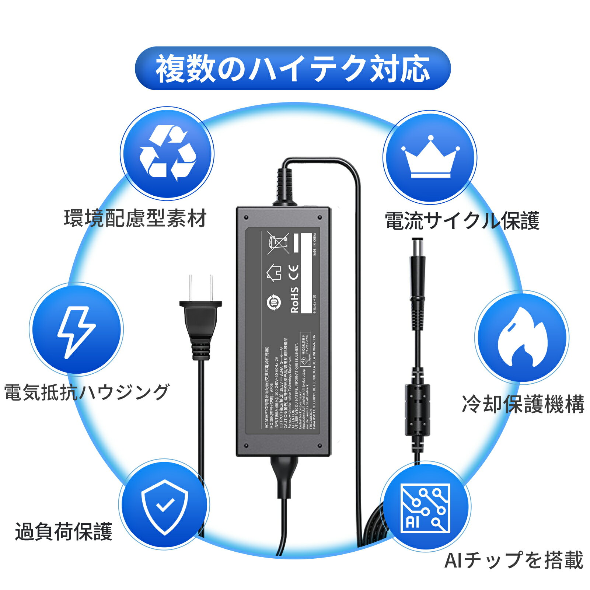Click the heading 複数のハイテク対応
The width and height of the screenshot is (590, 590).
[293, 69]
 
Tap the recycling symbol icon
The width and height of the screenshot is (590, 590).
[168, 154]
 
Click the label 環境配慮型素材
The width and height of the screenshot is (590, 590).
[135, 218]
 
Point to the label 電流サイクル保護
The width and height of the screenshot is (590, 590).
[462, 220]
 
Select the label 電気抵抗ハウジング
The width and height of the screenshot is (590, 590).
[87, 392]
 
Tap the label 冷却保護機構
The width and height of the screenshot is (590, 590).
[523, 404]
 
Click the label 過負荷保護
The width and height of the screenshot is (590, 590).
[63, 532]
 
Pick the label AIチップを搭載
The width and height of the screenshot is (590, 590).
[514, 560]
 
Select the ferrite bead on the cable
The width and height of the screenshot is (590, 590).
[417, 409]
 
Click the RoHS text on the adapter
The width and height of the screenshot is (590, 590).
[295, 300]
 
